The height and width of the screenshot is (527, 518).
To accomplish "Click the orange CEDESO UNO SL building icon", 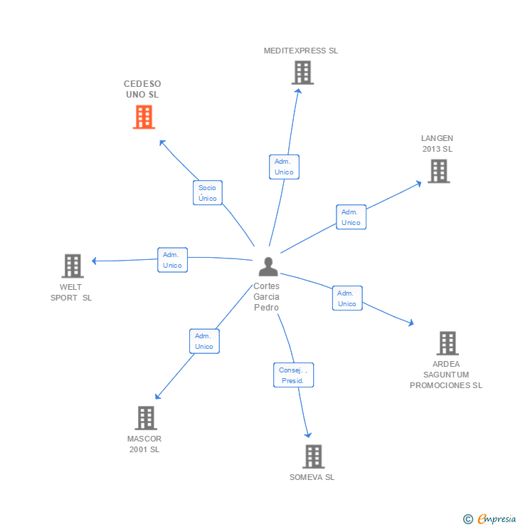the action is [x=144, y=118].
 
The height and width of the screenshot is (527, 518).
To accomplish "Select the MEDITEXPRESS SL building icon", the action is [x=302, y=73].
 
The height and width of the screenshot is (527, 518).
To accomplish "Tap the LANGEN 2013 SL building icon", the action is [x=438, y=171].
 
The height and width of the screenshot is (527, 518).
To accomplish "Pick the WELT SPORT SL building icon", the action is [x=73, y=266].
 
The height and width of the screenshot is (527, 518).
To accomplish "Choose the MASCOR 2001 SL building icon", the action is [x=146, y=418].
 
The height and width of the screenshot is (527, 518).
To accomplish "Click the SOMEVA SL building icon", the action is [x=313, y=456].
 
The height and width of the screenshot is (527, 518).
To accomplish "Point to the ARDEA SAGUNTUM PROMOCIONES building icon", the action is [x=447, y=343].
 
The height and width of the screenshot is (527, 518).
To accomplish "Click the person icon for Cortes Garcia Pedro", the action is [x=268, y=267].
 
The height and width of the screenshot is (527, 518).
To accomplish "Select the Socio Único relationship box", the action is [x=208, y=193].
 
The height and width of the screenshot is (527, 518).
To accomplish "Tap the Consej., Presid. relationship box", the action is [x=293, y=375].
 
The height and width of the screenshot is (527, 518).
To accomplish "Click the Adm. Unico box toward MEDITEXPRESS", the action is [x=284, y=167].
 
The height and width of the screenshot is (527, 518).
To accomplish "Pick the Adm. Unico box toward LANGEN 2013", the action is [x=351, y=217].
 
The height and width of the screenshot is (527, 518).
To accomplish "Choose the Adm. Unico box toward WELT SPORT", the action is [x=172, y=260].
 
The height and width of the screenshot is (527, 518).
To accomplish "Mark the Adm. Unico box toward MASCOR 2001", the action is [x=204, y=341].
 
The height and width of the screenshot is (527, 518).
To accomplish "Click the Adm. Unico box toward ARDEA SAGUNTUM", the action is [x=347, y=298].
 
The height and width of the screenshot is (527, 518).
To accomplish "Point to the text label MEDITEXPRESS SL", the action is [x=301, y=51].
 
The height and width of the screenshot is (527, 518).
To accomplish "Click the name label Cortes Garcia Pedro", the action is [x=267, y=297].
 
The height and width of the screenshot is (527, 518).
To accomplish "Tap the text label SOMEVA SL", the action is [x=312, y=477].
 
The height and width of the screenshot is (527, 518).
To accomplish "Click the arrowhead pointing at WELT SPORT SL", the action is [x=95, y=261].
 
